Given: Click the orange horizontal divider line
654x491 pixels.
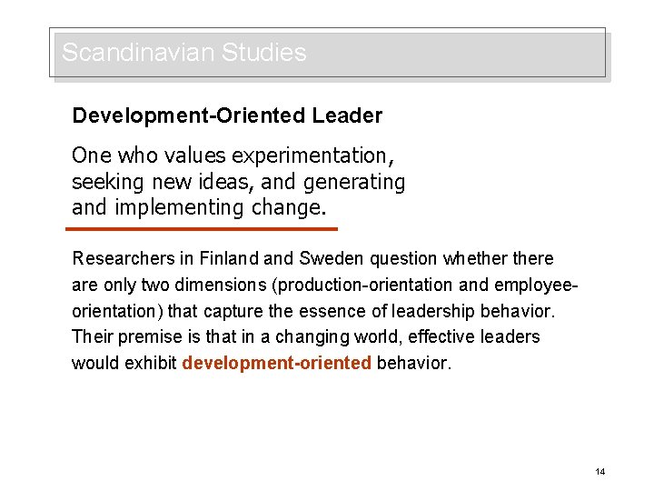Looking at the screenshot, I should [204, 229].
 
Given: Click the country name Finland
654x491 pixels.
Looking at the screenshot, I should [227, 259].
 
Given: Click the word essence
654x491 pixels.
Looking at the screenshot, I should [332, 311].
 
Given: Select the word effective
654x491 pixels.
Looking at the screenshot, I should [440, 337].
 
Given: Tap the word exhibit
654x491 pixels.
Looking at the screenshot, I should [150, 364].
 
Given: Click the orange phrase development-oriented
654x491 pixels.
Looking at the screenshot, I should [276, 364].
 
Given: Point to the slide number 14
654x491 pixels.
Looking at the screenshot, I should [599, 472].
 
